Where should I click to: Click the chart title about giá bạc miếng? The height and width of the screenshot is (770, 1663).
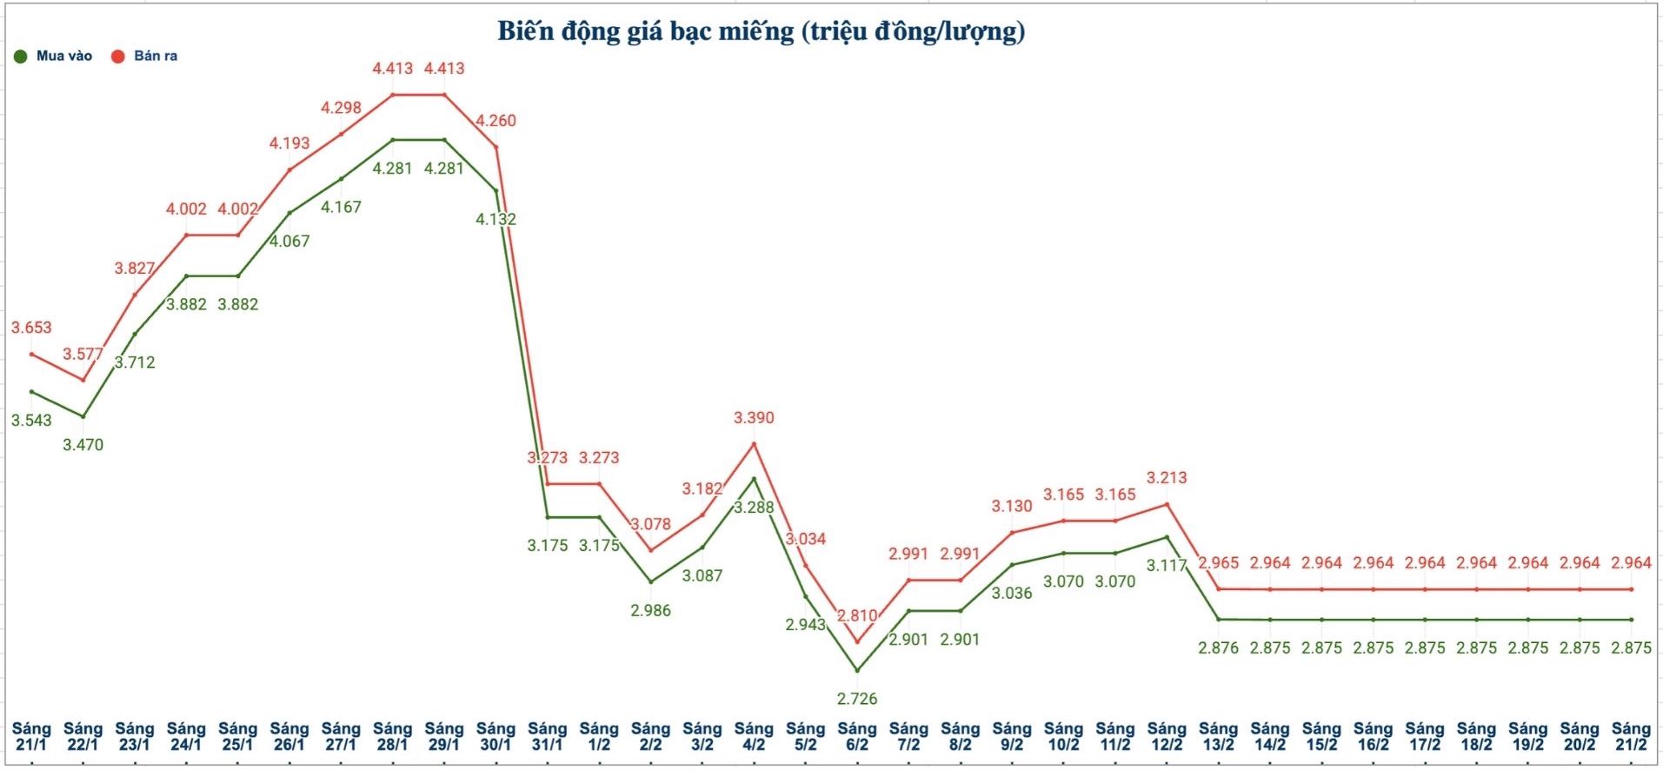(761, 32)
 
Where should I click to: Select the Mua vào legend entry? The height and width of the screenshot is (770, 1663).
(54, 56)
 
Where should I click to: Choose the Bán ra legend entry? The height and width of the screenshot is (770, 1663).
(145, 56)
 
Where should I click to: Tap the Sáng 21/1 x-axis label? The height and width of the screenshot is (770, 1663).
(31, 736)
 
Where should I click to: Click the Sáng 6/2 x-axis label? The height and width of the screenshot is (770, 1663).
(856, 736)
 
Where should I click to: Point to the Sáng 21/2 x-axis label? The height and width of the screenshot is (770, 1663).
(1631, 736)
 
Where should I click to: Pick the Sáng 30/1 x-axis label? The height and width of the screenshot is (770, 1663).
(496, 736)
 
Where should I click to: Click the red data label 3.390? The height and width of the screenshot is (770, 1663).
(754, 418)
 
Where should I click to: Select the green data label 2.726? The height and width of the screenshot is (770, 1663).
(857, 699)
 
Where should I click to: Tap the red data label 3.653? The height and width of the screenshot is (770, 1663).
(31, 328)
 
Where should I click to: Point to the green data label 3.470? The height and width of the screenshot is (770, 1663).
(83, 445)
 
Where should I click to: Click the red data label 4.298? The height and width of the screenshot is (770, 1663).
(341, 108)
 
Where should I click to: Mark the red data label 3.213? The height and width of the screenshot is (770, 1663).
(1167, 478)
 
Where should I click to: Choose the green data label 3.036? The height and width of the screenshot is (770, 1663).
(1012, 594)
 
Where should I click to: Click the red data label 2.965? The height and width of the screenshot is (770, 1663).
(1218, 563)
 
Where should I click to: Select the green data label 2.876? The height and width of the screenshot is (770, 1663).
(1218, 648)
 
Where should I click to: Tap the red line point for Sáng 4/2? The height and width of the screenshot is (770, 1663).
(754, 444)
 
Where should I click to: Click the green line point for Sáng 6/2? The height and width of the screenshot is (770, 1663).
(857, 670)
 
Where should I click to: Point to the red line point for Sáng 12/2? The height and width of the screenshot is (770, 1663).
(1167, 504)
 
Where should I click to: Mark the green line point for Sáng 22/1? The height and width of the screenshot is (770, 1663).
(83, 416)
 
